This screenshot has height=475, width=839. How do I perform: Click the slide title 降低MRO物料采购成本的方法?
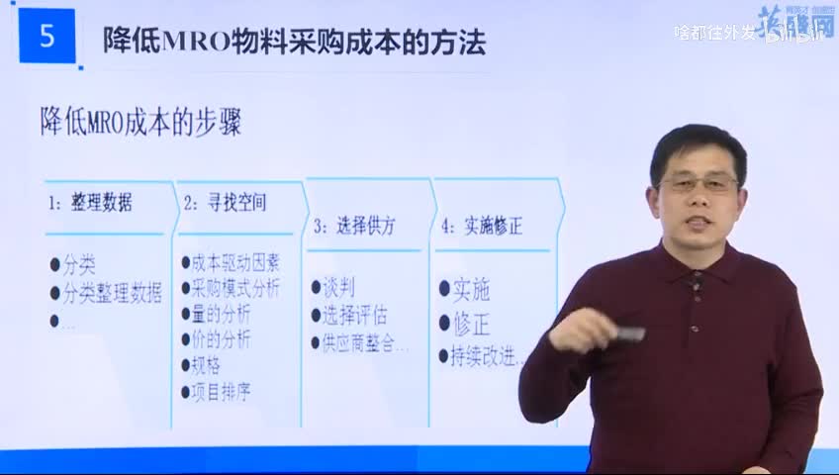(294, 42)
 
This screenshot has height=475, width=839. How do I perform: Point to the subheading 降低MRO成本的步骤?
(140, 125)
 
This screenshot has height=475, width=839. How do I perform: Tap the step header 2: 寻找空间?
(225, 204)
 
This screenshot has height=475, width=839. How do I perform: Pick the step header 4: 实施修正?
(482, 226)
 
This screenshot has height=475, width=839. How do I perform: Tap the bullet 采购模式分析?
(235, 289)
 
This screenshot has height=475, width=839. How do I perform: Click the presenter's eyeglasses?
(698, 184)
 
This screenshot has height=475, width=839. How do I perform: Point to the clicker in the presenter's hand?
(625, 334)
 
